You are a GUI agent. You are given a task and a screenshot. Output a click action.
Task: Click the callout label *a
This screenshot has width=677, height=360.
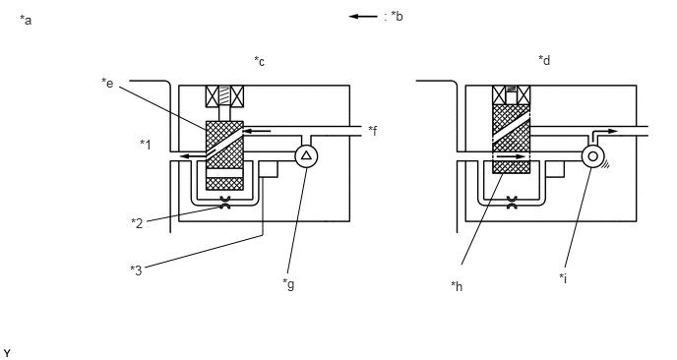pyautogui.click(x=26, y=20)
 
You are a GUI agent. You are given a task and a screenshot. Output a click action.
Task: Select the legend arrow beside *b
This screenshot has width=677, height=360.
pyautogui.click(x=363, y=17)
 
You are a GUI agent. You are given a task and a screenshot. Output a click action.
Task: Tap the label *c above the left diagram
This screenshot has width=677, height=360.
pyautogui.click(x=259, y=61)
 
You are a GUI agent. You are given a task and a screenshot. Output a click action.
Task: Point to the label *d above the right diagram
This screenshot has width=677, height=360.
pyautogui.click(x=544, y=60)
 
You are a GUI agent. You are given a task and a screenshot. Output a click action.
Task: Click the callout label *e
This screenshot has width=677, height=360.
pyautogui.click(x=107, y=83)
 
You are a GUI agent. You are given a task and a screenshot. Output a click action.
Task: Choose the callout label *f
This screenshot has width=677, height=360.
pyautogui.click(x=373, y=131)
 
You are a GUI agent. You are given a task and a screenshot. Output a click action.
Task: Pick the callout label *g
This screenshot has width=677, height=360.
pyautogui.click(x=288, y=284)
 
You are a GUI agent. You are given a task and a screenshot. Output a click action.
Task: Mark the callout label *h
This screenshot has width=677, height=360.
pyautogui.click(x=457, y=286)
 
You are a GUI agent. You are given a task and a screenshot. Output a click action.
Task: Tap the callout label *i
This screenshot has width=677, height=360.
pyautogui.click(x=563, y=278)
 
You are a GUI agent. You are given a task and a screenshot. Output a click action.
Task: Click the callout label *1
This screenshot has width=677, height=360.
pyautogui.click(x=146, y=145)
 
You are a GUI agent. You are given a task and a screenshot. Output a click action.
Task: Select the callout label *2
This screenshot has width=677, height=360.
pyautogui.click(x=137, y=223)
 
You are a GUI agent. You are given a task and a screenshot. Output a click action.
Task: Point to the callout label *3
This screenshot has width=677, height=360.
pyautogui.click(x=136, y=270)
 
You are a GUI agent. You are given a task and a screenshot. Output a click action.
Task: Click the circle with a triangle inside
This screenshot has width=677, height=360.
pyautogui.click(x=306, y=155)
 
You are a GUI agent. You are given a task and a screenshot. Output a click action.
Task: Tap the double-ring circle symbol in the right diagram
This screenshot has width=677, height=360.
pyautogui.click(x=592, y=156)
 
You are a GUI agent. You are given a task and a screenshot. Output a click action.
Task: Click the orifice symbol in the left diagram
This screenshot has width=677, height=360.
pyautogui.click(x=225, y=203)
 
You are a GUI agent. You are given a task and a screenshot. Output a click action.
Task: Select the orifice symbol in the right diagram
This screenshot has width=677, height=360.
pyautogui.click(x=512, y=203)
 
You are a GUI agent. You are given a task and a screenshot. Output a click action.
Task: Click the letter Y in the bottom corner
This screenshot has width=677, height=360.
pyautogui.click(x=7, y=353)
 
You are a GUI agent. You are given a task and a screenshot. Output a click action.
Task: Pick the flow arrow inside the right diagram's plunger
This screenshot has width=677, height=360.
pyautogui.click(x=512, y=156)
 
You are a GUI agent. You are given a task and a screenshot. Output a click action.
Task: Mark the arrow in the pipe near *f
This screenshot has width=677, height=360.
pyautogui.click(x=258, y=131)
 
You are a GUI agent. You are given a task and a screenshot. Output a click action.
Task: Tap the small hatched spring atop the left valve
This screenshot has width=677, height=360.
pyautogui.click(x=225, y=95)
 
